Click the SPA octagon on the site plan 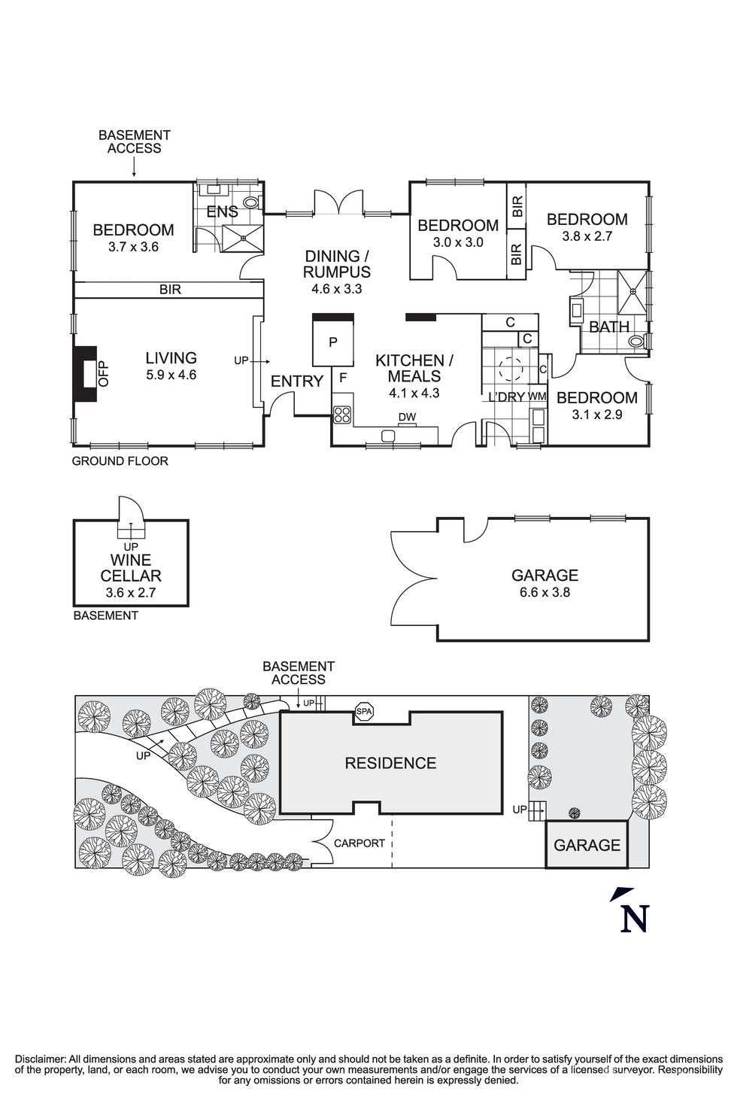pos(364,712)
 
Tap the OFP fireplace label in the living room pos(103,374)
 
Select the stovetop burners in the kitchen pos(342,415)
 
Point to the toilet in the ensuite pos(252,202)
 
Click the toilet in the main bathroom pos(638,341)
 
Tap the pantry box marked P pos(333,342)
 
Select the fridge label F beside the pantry pos(343,378)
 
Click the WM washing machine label pos(537,396)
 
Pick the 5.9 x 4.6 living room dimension pos(171,375)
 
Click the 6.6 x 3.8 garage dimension pos(544,591)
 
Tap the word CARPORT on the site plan pos(359,843)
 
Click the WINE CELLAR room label pos(131,568)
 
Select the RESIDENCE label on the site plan pos(390,763)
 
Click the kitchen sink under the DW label pos(388,435)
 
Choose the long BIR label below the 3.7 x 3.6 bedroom pos(170,290)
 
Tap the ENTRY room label pos(296,381)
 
